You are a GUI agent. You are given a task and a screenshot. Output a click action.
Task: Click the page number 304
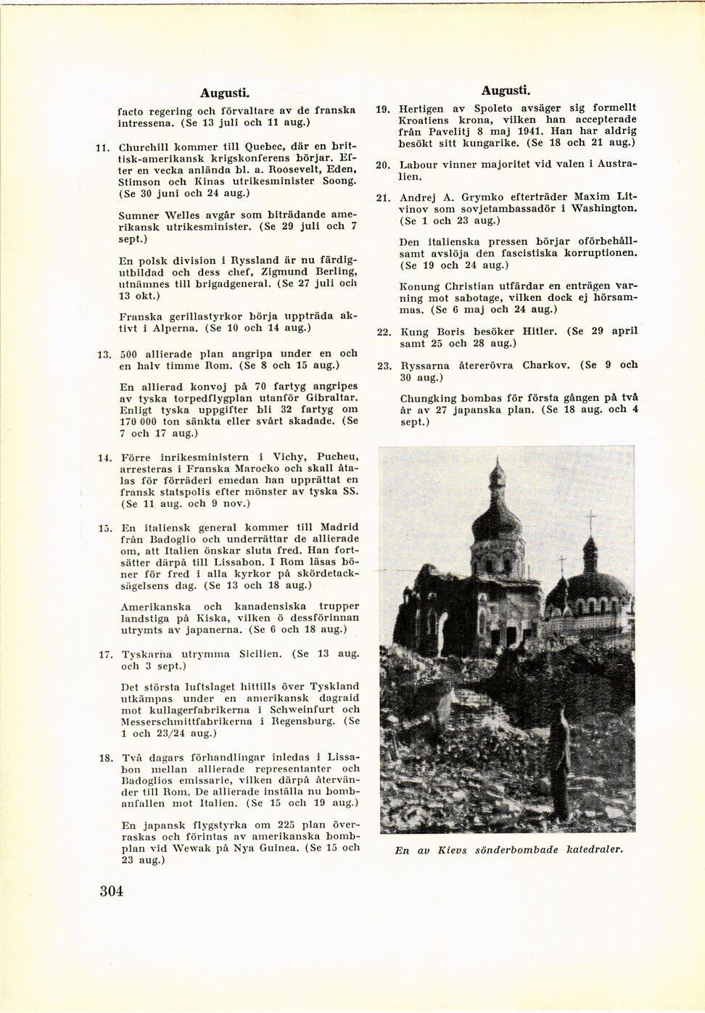[112, 891]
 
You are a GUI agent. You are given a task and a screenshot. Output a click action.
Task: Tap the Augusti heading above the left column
[225, 93]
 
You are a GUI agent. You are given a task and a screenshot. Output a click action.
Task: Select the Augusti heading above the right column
[506, 91]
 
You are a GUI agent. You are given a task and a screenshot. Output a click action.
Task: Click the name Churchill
[144, 146]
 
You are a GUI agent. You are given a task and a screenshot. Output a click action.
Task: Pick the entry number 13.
[104, 355]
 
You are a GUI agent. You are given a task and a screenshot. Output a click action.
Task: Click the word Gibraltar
[331, 398]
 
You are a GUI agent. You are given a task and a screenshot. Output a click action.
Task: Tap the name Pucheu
[337, 457]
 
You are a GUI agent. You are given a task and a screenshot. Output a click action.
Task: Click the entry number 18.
[105, 758]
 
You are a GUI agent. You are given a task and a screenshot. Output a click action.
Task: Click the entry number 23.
[384, 366]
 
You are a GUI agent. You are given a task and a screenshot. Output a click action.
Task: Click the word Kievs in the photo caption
[452, 850]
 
